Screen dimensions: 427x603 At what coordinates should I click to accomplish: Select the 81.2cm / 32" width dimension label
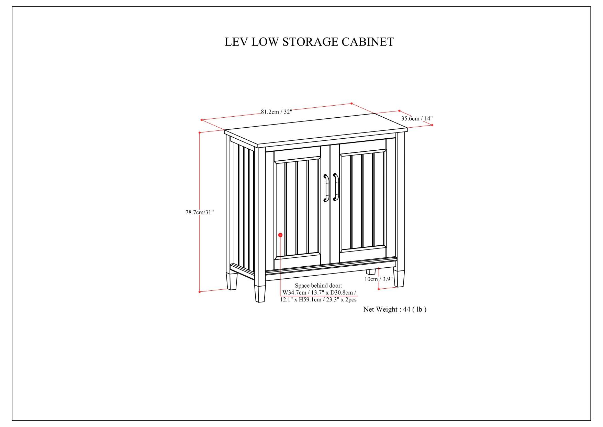(276, 111)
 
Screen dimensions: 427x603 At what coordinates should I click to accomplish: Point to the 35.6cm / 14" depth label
(417, 118)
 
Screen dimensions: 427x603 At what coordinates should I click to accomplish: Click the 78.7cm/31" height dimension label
(200, 212)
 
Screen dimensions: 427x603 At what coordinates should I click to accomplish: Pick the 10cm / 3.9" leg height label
(378, 279)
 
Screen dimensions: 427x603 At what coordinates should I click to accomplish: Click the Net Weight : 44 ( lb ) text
(395, 309)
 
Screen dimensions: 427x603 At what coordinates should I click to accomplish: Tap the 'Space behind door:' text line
(319, 286)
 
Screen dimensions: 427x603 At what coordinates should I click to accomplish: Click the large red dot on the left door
(280, 235)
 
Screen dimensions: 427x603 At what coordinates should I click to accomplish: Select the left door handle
(326, 188)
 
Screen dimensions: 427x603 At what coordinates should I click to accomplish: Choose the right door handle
(336, 188)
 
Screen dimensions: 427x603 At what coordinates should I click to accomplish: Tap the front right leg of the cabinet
(399, 278)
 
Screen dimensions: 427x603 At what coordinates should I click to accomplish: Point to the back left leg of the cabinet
(232, 280)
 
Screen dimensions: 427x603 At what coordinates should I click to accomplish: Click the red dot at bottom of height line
(200, 292)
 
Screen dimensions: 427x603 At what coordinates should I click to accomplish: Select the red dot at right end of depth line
(432, 125)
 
